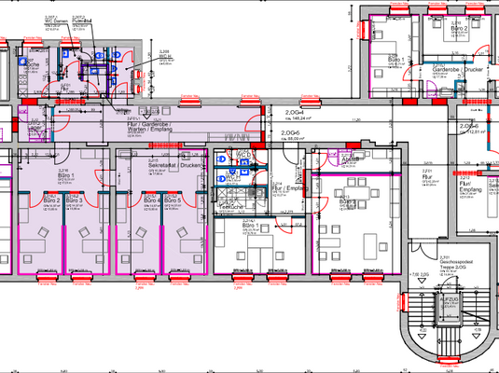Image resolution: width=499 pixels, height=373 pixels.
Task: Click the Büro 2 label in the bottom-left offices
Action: [52, 200]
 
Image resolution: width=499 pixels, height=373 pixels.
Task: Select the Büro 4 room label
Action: [148, 200]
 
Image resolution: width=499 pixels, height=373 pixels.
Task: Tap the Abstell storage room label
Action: [351, 159]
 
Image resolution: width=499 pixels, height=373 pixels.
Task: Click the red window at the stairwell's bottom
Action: [449, 364]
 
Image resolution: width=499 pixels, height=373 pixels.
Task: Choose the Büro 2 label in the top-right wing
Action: [458, 29]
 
